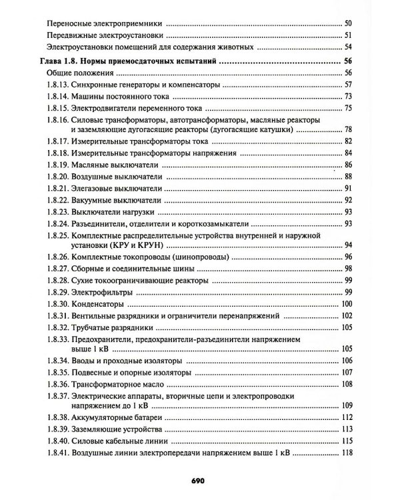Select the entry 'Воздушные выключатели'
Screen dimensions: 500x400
point(115,177)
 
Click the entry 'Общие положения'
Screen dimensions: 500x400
point(80,72)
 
